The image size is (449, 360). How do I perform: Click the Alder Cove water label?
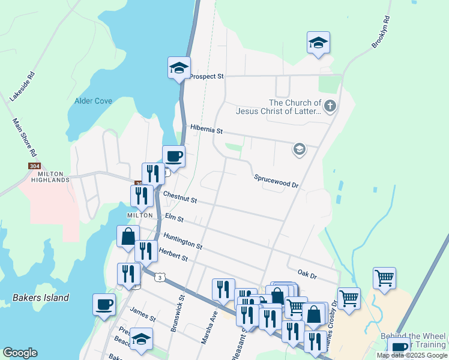pyautogui.click(x=93, y=101)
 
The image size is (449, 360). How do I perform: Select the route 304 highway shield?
pyautogui.click(x=34, y=166)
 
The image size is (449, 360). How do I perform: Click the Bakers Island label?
pyautogui.click(x=41, y=298)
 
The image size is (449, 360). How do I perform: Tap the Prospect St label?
pyautogui.click(x=206, y=77)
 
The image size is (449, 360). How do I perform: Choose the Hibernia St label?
pyautogui.click(x=206, y=130)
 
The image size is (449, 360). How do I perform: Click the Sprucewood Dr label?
pyautogui.click(x=276, y=181)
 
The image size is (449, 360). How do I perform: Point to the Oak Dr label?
pyautogui.click(x=306, y=274)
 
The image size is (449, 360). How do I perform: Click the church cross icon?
pyautogui.click(x=330, y=107)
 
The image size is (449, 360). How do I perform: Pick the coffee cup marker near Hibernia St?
pyautogui.click(x=174, y=156)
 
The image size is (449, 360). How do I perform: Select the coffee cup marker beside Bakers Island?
pyautogui.click(x=104, y=304)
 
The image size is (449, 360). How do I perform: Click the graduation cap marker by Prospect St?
pyautogui.click(x=179, y=67)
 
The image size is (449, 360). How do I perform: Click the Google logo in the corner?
pyautogui.click(x=20, y=353)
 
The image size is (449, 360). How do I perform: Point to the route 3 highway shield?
pyautogui.click(x=159, y=277)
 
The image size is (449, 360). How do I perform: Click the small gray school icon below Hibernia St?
pyautogui.click(x=299, y=149)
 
